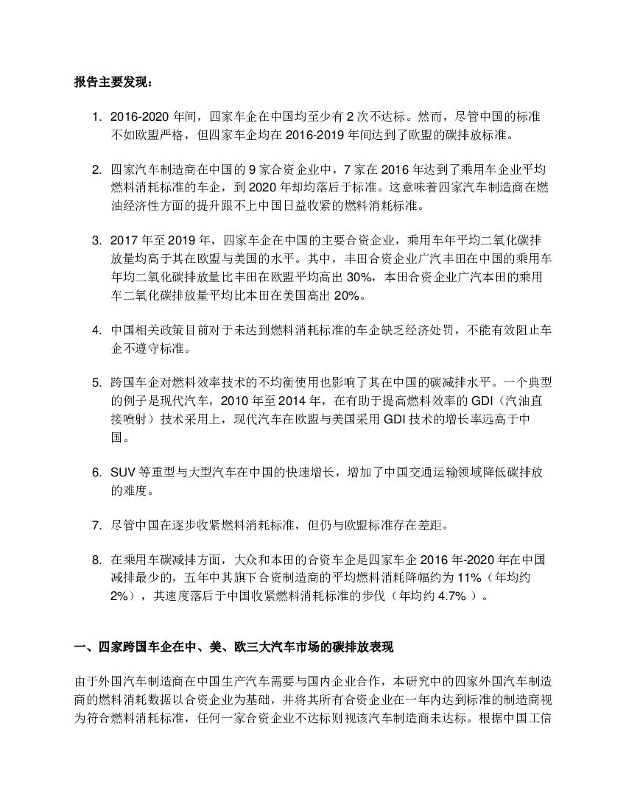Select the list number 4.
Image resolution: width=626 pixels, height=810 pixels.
[96, 330]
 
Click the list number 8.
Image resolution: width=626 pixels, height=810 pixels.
[96, 560]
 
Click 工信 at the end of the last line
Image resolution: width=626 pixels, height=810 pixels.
[541, 714]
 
